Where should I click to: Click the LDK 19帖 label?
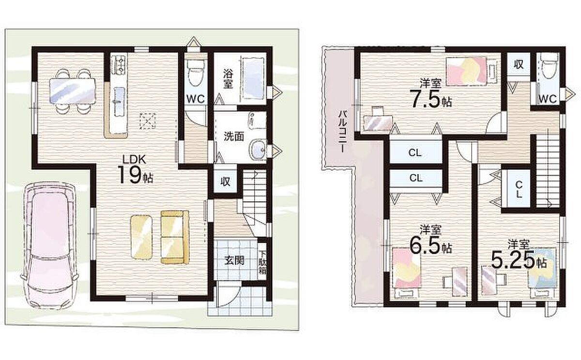coord(135,169)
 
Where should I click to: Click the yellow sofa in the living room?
coord(175,237)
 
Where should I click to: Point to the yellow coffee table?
coord(141,237)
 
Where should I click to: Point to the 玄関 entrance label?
coord(234,260)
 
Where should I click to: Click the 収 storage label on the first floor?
coord(226,181)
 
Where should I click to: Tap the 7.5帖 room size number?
coord(430,99)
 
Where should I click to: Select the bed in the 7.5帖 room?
coord(467,71)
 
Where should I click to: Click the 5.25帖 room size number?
coord(519,260)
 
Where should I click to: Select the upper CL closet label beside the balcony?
coord(415,153)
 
